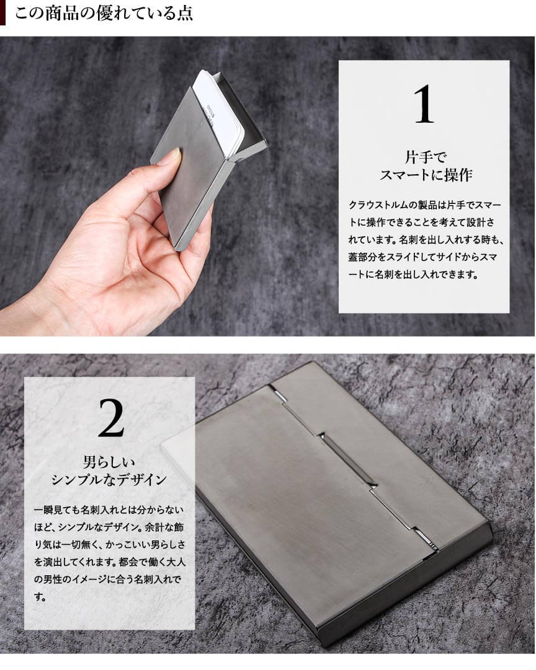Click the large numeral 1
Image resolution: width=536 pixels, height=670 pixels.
click(424, 104)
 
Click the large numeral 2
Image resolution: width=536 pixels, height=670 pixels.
click(111, 418)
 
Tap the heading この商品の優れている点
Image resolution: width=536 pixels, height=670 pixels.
click(104, 13)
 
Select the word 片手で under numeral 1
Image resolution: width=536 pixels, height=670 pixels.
click(425, 157)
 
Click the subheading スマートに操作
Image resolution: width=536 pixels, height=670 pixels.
click(426, 175)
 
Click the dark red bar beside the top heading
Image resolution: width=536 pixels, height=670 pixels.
click(2, 13)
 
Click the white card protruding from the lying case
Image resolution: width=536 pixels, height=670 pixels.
click(178, 446)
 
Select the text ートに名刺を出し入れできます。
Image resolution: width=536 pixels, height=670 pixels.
click(413, 275)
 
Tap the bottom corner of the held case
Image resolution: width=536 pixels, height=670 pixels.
click(176, 249)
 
